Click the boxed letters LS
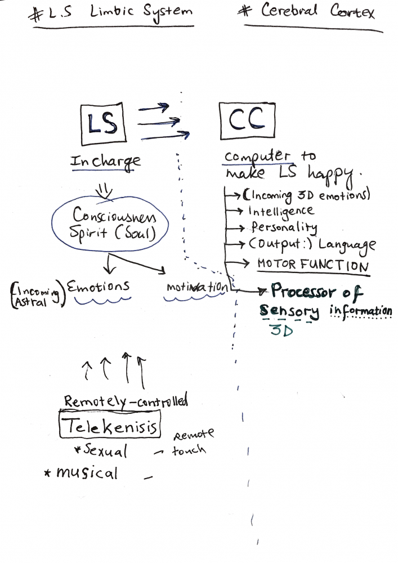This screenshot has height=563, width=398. [x=103, y=122]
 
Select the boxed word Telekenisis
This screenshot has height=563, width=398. [x=110, y=427]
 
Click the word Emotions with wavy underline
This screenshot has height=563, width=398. [x=99, y=287]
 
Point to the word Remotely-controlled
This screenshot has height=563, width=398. [x=126, y=401]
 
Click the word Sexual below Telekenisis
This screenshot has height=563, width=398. [x=105, y=451]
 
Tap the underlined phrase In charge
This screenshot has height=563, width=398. [x=105, y=162]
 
